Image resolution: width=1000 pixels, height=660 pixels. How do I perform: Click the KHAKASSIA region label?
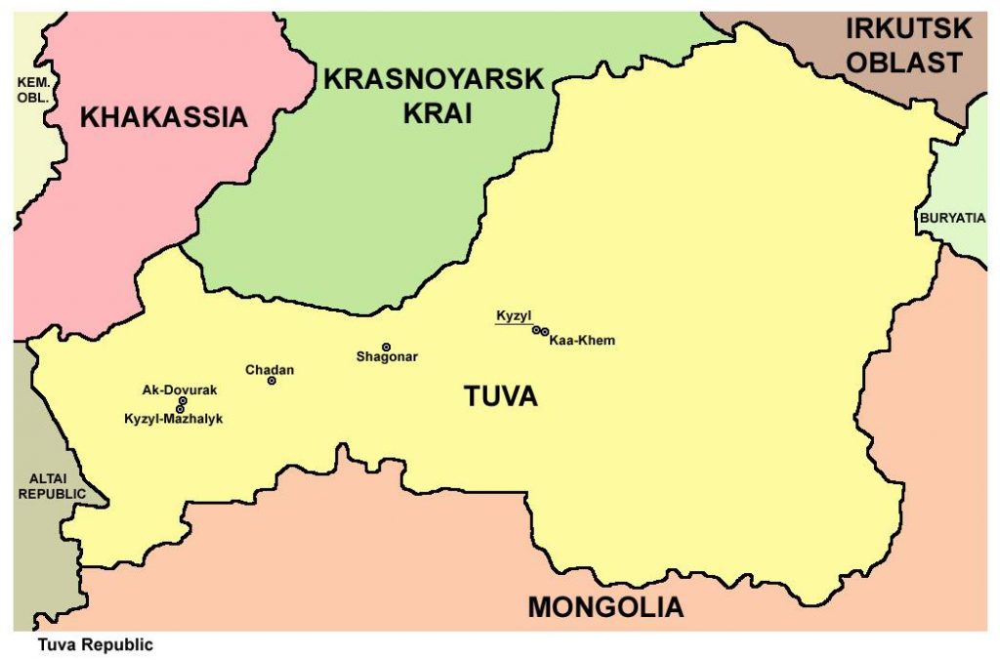[163, 118]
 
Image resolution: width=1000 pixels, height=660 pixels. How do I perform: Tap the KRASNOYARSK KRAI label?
[433, 96]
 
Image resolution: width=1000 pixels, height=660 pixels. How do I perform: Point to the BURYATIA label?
[951, 218]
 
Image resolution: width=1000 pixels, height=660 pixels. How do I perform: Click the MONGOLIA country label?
[605, 606]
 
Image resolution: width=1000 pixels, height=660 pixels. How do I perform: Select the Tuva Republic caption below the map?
[96, 645]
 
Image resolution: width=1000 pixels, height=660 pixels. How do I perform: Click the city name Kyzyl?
[513, 316]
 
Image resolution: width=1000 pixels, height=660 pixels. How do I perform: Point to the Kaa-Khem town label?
[582, 341]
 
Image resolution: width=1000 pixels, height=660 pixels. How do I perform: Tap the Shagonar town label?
[387, 357]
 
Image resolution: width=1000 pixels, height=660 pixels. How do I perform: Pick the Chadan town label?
[270, 370]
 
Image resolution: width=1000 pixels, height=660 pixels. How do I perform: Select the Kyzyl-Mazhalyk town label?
[174, 419]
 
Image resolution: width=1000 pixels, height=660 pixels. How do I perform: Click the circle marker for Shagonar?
[386, 347]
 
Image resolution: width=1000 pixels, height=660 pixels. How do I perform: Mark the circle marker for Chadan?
[271, 381]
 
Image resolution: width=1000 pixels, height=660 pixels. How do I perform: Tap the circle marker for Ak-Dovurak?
[183, 400]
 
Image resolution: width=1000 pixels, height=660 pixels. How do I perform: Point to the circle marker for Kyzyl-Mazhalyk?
[180, 409]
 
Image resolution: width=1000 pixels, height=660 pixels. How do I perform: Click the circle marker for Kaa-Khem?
[545, 333]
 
